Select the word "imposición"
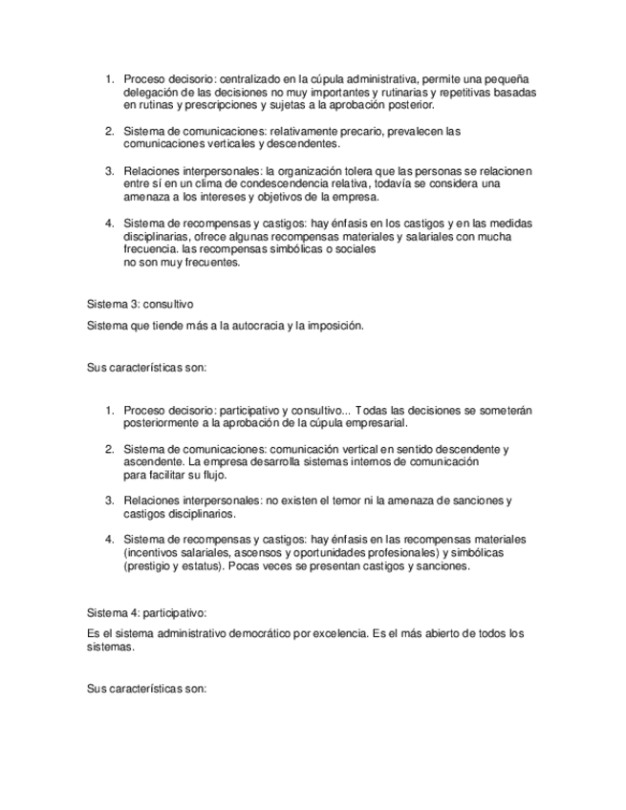332,325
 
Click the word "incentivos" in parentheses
157,554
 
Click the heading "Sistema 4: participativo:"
146,613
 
